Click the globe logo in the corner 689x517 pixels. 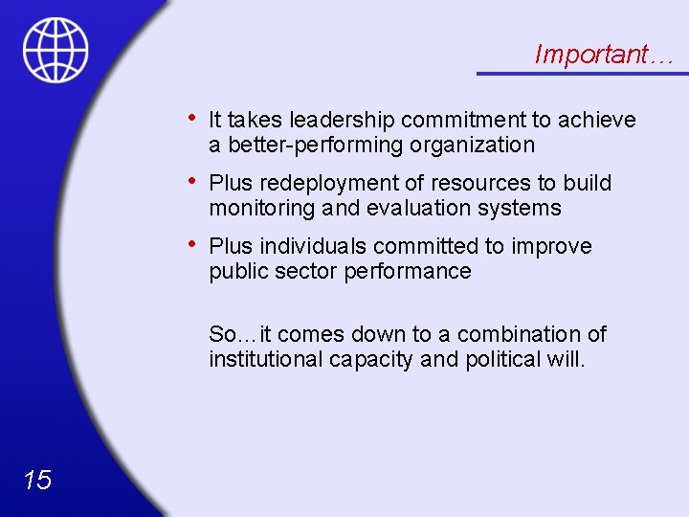pyautogui.click(x=56, y=50)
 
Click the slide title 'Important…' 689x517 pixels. pyautogui.click(x=604, y=55)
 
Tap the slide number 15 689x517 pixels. pyautogui.click(x=37, y=480)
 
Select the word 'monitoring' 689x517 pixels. pyautogui.click(x=256, y=209)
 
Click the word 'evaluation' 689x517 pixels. pyautogui.click(x=418, y=209)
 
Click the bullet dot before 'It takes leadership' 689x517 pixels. pyautogui.click(x=194, y=118)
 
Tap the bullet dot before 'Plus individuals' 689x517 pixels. pyautogui.click(x=194, y=244)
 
